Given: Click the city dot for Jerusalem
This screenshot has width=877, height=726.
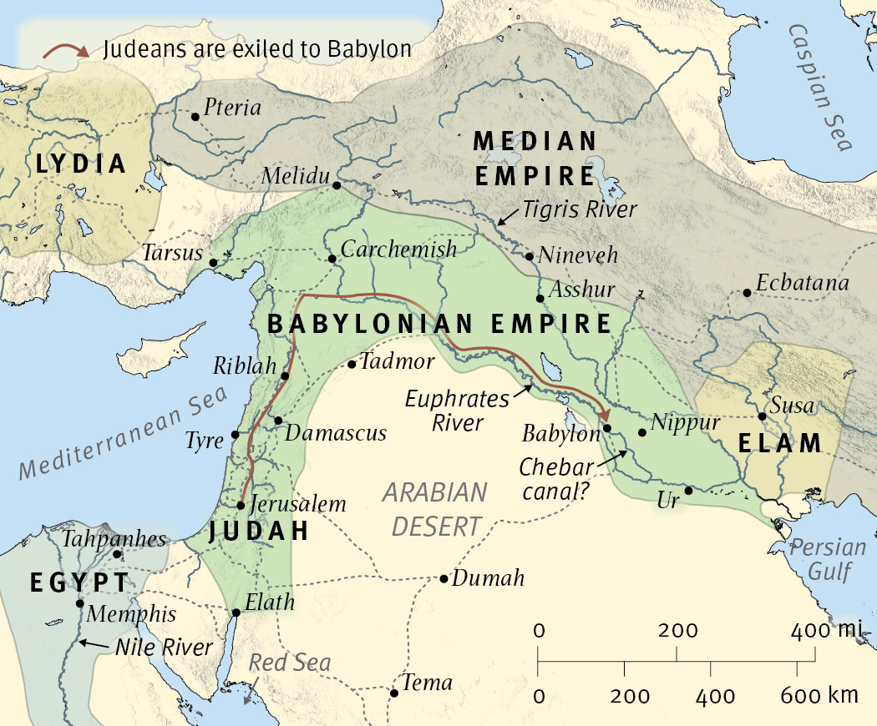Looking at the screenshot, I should coord(241,505).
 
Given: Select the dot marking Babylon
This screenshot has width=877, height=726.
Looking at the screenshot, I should coord(607,428).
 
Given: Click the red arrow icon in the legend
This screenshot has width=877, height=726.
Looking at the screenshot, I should coord(65,51).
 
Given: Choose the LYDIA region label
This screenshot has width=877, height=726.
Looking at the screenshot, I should coord(81,164).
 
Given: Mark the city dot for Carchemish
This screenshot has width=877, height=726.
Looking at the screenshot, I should coord(332,259).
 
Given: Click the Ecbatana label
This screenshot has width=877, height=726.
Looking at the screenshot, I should coord(802,284).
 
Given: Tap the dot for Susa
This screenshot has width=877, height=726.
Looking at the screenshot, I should coord(762,416).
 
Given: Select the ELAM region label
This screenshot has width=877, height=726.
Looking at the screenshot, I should coord(780,443).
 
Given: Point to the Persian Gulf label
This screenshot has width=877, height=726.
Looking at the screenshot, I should coord(829,560).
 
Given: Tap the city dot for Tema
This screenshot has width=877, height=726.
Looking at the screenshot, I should coord(394,693).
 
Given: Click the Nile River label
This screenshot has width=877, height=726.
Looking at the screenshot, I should coord(165,648).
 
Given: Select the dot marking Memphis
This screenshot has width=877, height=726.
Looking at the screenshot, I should coord(80,603).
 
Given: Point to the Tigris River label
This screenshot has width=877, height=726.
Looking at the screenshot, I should coord(580,209).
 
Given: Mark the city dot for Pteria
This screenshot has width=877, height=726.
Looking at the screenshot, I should coord(195,117).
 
